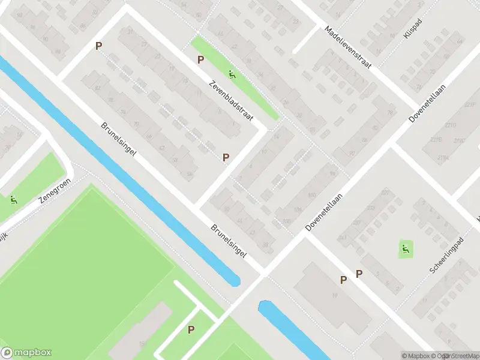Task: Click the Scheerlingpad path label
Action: (447, 256)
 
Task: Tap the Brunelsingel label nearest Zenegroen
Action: (119, 139)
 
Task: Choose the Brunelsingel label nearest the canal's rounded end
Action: (229, 241)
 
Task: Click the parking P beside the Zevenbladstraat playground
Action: (201, 59)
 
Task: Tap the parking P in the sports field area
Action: (191, 329)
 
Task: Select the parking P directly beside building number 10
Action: (343, 280)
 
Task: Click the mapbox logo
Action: (26, 353)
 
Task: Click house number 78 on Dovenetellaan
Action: (390, 113)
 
